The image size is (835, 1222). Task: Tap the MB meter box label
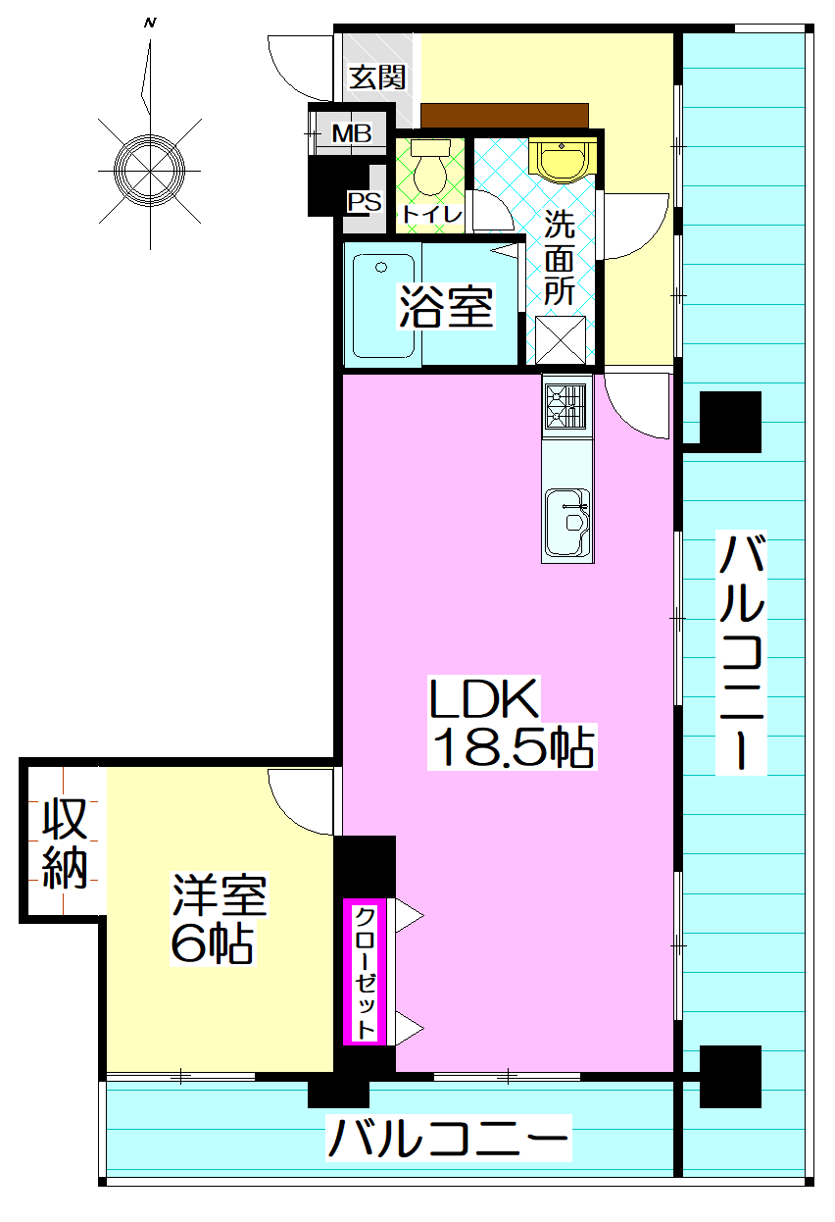tap(350, 132)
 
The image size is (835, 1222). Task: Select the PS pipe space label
tap(364, 202)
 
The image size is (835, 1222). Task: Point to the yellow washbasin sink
tap(561, 160)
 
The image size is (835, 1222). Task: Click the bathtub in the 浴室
tap(383, 307)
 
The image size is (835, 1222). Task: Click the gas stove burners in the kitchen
tap(566, 406)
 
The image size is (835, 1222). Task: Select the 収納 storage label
tap(66, 843)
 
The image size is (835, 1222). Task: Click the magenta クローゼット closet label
tap(365, 972)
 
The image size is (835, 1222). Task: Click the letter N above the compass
tap(150, 21)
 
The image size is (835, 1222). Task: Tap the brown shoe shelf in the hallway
tap(505, 116)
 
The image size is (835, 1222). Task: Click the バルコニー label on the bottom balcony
tap(448, 1140)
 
